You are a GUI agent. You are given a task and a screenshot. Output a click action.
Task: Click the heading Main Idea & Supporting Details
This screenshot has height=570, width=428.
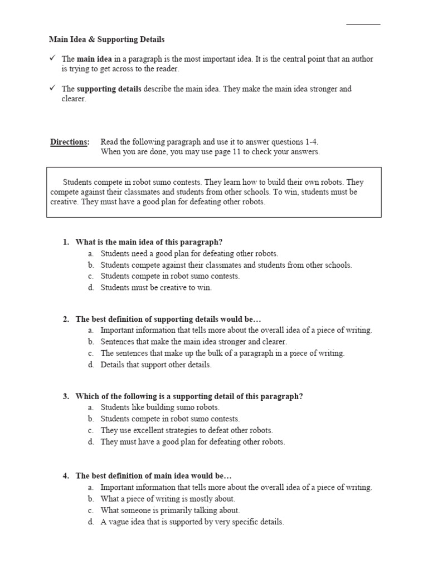tap(107, 40)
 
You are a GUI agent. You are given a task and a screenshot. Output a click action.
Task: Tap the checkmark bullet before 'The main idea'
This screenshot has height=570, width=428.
tap(52, 58)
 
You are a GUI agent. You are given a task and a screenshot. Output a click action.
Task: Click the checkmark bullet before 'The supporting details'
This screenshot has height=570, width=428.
tap(52, 88)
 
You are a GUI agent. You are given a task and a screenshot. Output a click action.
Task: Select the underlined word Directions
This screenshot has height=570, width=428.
tap(70, 141)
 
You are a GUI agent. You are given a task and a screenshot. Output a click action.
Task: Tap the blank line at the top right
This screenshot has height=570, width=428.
tap(363, 23)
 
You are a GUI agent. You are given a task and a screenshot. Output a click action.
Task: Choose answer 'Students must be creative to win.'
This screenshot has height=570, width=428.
tap(156, 288)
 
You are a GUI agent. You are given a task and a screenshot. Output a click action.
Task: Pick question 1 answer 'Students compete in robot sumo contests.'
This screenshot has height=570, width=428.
tap(170, 276)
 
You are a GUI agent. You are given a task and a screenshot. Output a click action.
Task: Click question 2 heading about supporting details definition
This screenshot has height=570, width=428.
tap(168, 319)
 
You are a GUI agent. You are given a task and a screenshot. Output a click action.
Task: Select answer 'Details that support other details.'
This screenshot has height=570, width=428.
tap(156, 365)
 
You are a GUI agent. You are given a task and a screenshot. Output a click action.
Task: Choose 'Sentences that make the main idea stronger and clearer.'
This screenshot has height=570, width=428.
tap(193, 342)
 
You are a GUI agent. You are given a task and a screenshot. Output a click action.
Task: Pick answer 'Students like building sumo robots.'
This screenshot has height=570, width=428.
tap(160, 407)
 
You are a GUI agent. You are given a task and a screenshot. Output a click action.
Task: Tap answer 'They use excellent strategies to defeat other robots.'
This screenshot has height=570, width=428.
tap(187, 430)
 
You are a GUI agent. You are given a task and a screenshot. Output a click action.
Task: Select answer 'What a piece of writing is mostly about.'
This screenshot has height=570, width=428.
tap(168, 499)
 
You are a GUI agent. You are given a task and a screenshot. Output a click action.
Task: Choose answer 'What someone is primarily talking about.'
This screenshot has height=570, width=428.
tap(170, 510)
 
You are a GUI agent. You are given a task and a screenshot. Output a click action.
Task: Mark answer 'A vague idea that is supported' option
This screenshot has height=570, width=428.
tap(192, 522)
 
